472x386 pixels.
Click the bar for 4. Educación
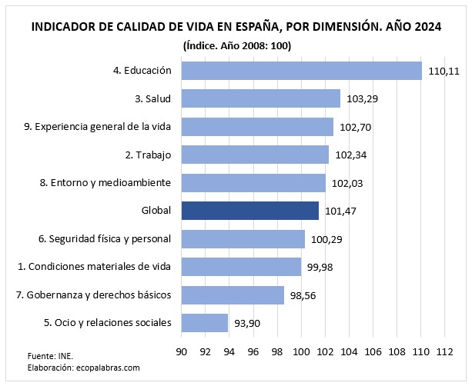click(x=301, y=71)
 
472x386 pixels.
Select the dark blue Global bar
click(x=249, y=211)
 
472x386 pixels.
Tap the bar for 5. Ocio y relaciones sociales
click(x=204, y=323)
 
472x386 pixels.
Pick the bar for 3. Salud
click(x=260, y=98)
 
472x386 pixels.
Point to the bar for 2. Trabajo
click(x=255, y=155)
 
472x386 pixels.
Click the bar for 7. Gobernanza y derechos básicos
click(x=233, y=294)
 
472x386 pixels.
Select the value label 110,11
click(x=443, y=72)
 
